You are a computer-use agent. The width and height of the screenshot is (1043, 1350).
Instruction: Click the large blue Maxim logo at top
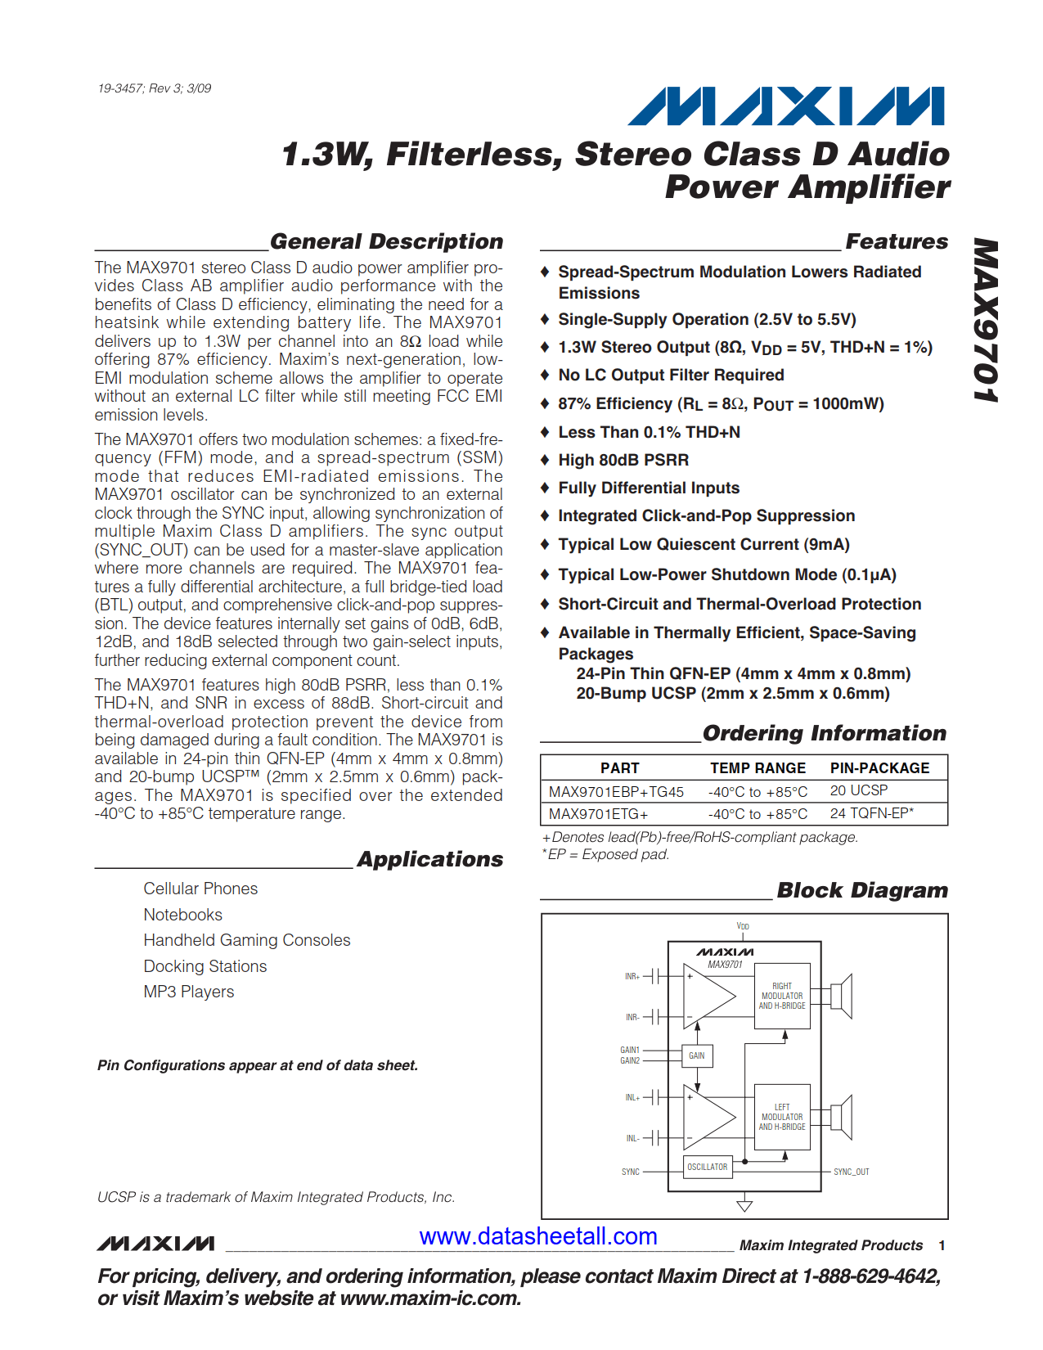[785, 106]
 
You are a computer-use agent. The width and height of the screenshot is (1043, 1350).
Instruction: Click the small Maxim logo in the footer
[155, 1244]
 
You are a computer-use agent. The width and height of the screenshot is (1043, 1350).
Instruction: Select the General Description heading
[386, 241]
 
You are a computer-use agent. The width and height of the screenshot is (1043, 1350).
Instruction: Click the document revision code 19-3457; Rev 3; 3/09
[155, 88]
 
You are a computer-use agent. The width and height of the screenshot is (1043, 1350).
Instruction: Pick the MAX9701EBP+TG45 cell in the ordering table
[616, 792]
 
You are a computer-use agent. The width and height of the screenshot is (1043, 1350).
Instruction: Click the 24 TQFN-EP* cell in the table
[871, 813]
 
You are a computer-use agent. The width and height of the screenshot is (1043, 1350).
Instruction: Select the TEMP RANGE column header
[758, 768]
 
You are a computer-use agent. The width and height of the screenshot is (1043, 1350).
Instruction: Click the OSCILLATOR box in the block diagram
[707, 1167]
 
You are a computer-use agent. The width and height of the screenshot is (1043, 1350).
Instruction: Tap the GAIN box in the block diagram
[696, 1055]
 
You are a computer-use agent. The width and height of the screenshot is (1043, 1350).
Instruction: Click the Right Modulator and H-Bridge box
[781, 996]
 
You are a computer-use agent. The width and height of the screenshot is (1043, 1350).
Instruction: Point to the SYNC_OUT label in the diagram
[851, 1172]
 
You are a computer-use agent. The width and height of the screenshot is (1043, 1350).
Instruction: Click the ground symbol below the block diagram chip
[744, 1205]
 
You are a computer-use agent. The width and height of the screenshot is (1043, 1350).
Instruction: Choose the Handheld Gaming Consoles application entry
[246, 940]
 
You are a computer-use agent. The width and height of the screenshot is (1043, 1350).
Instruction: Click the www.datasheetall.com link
[538, 1236]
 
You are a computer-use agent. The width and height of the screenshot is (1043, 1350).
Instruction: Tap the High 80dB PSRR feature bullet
[623, 460]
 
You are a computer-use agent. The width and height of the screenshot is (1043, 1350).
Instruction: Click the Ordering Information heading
[824, 733]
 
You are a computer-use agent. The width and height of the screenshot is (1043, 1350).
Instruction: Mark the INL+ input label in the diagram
[632, 1097]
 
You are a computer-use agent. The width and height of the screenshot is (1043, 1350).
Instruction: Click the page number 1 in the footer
[942, 1245]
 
